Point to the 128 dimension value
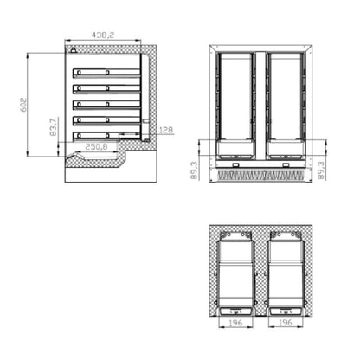pos(166,130)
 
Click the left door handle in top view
pos(235,310)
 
